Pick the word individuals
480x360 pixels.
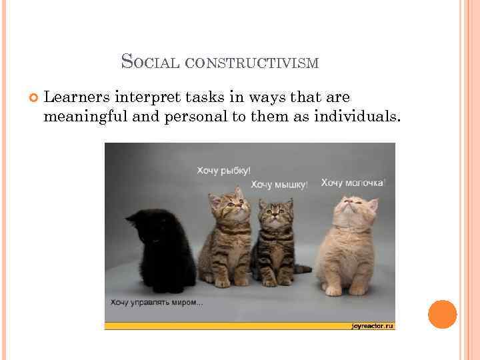359,117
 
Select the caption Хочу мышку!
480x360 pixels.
279,185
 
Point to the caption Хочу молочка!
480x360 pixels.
353,182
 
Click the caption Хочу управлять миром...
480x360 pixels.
157,303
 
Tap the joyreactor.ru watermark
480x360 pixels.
372,325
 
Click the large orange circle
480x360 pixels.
442,314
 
